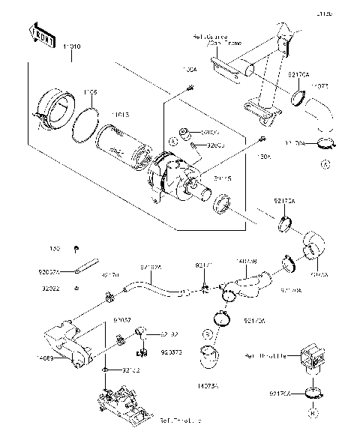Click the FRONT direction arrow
[41, 34]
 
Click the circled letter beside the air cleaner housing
[173, 141]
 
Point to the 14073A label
[208, 385]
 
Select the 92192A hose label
[150, 266]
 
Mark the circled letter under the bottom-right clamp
[314, 412]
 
